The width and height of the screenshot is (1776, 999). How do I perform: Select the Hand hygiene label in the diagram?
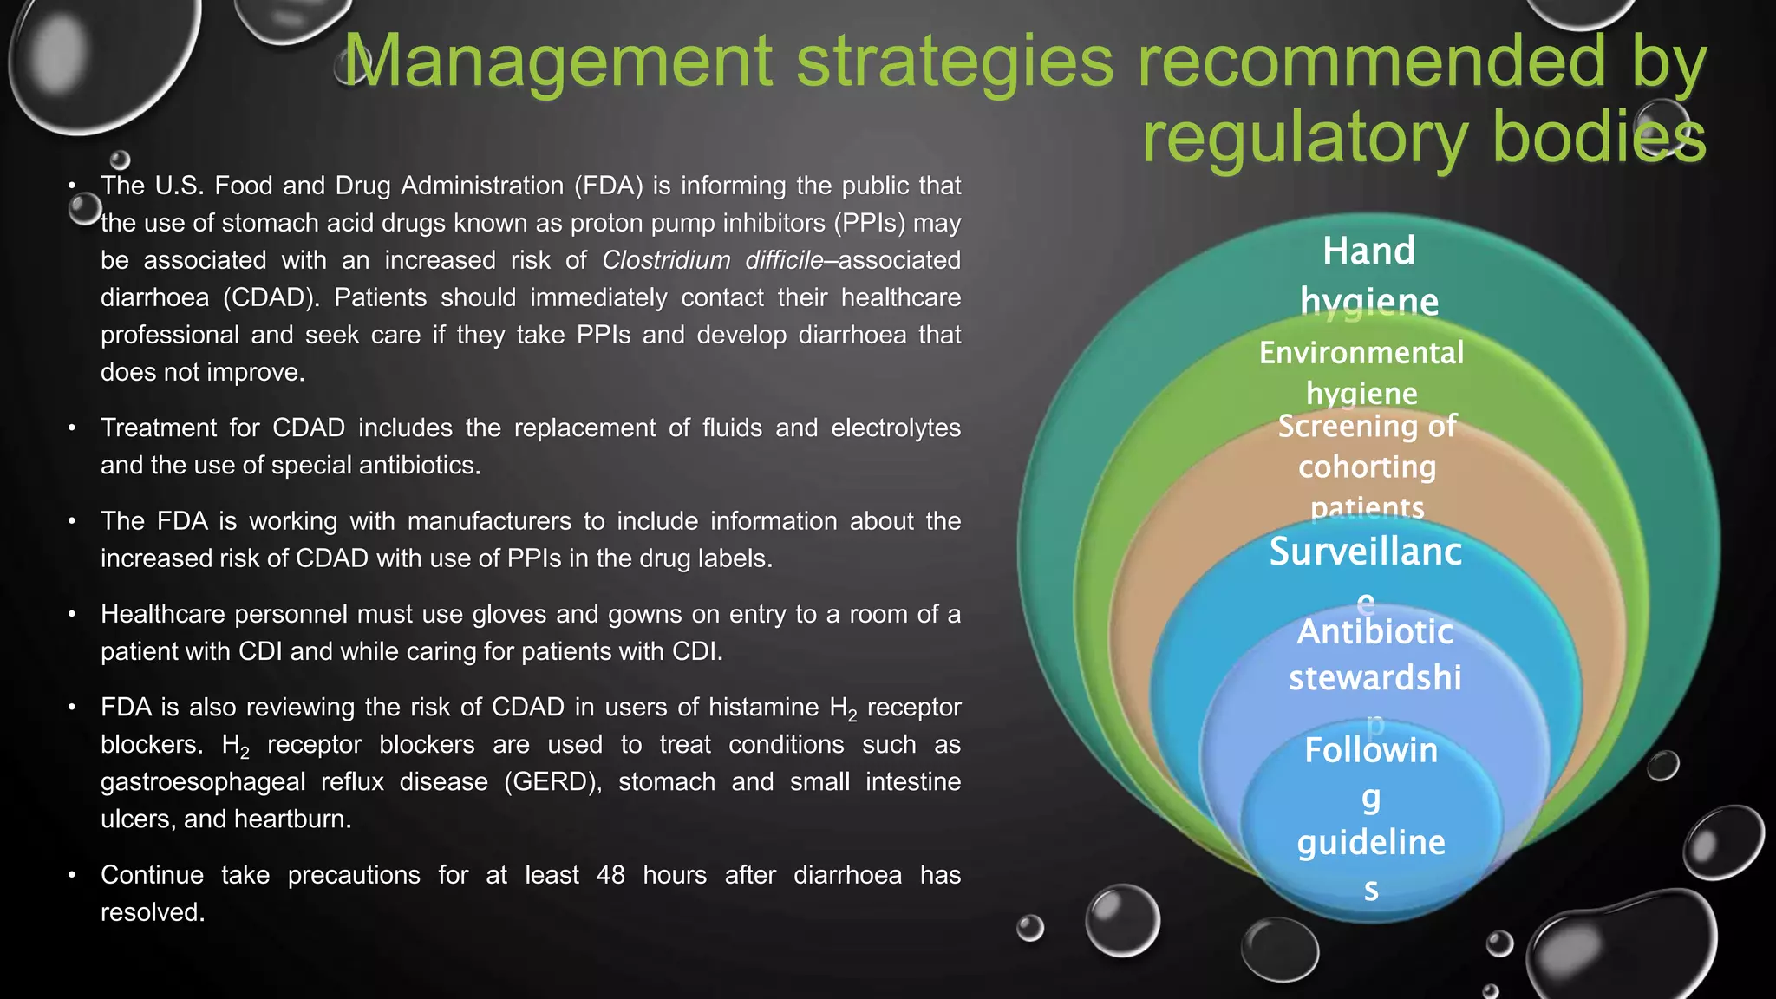[x=1368, y=276]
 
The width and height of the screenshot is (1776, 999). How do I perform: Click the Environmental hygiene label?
[x=1361, y=372]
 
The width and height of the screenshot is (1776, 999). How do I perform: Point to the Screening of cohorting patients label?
[x=1367, y=467]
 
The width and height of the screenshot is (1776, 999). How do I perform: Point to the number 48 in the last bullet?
[x=610, y=875]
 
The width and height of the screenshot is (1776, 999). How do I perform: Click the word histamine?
[x=763, y=708]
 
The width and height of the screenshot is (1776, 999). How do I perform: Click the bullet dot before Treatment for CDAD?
[x=73, y=428]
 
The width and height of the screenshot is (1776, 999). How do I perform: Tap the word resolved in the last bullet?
[x=152, y=912]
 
